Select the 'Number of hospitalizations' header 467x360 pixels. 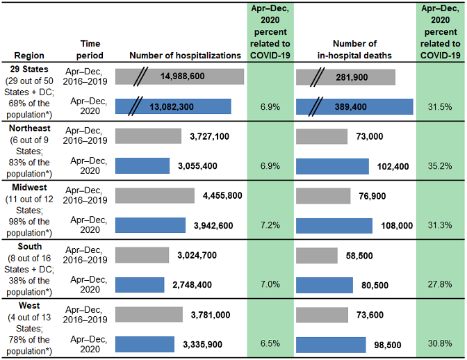point(184,55)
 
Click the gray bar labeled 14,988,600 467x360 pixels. point(179,76)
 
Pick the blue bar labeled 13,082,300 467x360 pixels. point(173,106)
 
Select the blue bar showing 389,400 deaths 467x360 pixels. point(354,106)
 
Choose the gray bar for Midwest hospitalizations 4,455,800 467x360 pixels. point(154,195)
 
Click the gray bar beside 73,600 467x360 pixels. point(322,315)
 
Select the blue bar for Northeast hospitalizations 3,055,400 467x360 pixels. point(142,166)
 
